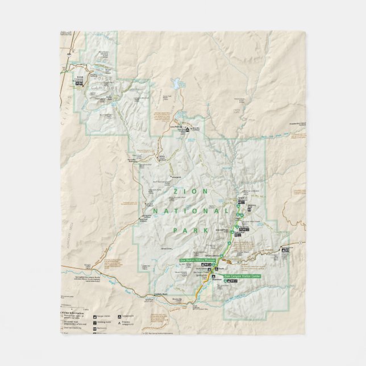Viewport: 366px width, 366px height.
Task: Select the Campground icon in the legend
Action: (x=119, y=315)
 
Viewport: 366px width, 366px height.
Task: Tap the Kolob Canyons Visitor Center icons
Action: (x=79, y=85)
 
